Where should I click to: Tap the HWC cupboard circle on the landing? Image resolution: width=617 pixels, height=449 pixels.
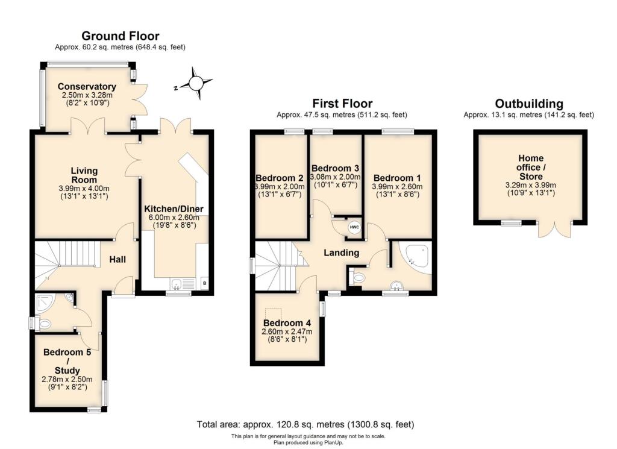click(354, 227)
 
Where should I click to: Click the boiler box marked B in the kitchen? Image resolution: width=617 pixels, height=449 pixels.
click(204, 283)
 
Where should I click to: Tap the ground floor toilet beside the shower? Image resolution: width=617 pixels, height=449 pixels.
click(45, 324)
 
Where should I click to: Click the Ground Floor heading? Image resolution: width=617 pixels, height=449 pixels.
click(121, 36)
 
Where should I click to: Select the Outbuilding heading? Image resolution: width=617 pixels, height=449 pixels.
click(528, 104)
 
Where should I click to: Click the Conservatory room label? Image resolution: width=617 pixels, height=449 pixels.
click(88, 86)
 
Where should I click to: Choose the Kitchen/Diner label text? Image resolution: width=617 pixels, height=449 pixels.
click(174, 209)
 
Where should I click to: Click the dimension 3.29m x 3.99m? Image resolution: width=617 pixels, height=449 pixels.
click(530, 185)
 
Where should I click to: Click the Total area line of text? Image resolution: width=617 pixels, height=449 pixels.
click(305, 424)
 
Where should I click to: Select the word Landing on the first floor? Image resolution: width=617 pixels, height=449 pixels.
click(341, 253)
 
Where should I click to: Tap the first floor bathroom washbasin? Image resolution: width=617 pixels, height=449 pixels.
click(396, 285)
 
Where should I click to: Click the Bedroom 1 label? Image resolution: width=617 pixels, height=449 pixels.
click(398, 178)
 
